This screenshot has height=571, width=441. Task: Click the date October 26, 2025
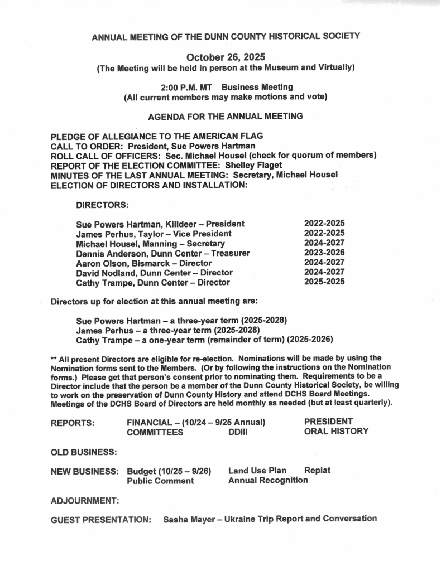pos(226,57)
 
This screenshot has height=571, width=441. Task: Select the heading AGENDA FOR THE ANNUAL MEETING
pos(226,117)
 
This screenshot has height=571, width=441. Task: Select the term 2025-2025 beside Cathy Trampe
pos(324,282)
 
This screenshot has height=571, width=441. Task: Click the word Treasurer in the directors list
pos(229,253)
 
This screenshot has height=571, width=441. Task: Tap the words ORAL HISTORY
pos(336,431)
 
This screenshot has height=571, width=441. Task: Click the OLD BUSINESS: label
pos(84,451)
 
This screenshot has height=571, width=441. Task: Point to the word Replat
pos(317,471)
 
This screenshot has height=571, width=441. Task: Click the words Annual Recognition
pos(268,481)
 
